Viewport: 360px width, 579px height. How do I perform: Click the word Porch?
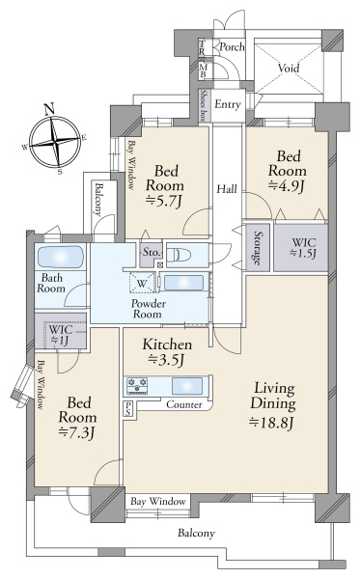coord(232,46)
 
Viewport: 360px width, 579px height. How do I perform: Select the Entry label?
coord(228,104)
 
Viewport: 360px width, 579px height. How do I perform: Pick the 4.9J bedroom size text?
coord(287,184)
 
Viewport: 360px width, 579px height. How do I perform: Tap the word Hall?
coord(227,189)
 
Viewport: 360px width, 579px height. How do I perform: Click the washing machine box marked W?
coord(143,284)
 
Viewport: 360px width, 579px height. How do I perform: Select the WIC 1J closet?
coord(60,333)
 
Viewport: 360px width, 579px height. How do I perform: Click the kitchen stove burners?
coord(135,385)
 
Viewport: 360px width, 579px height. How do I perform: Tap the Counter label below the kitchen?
coord(184,404)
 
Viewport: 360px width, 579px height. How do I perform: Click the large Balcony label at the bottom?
coord(196,533)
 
